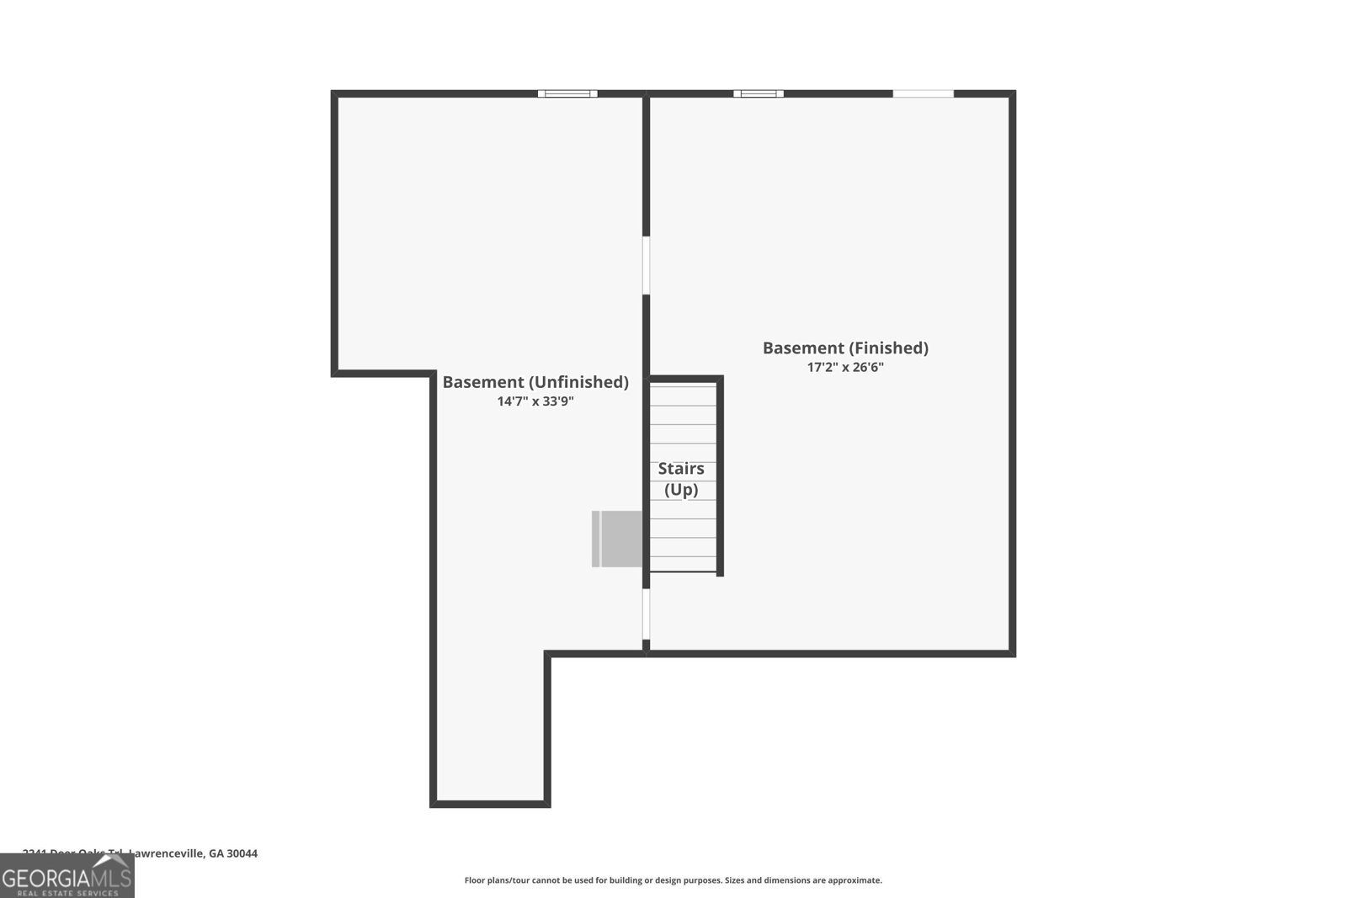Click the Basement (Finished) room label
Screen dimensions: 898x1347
[845, 348]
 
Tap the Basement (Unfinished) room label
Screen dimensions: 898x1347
[535, 382]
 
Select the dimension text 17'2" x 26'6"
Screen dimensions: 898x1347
[845, 368]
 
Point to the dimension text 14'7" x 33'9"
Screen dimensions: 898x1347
[535, 402]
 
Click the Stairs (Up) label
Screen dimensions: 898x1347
[681, 479]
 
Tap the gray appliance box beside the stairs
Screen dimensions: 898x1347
[619, 539]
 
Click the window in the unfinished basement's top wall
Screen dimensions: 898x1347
[567, 93]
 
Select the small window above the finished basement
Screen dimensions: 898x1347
[758, 93]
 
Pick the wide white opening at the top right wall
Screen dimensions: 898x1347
[923, 93]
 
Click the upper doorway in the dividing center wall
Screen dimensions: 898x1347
[647, 265]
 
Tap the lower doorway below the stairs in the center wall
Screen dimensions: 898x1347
[647, 614]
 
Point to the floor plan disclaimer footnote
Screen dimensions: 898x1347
[673, 880]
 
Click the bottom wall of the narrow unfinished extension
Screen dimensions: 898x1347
[490, 804]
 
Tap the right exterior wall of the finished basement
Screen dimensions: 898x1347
[1012, 370]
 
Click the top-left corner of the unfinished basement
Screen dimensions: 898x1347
[334, 93]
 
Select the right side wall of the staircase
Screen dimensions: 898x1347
[720, 476]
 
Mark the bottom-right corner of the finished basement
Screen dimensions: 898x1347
[1012, 652]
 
